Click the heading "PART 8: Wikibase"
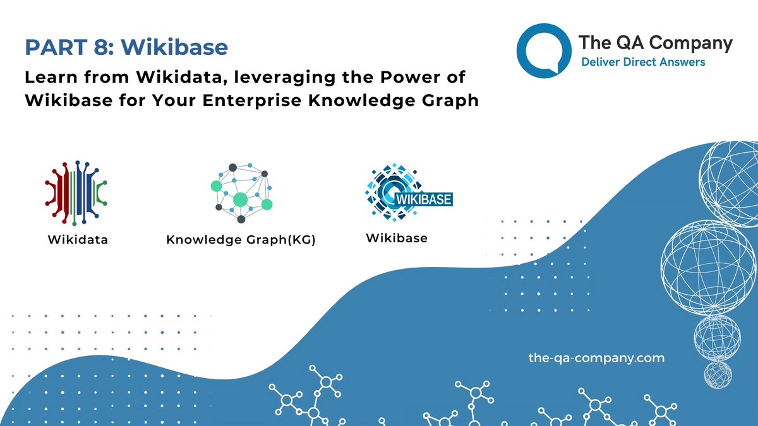tap(126, 47)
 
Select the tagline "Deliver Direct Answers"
tap(643, 62)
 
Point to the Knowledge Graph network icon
tap(241, 192)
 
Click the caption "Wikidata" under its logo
tap(78, 240)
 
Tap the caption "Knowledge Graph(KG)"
tap(240, 240)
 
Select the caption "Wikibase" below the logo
tap(397, 238)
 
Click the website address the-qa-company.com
tap(596, 358)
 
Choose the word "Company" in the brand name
tap(691, 43)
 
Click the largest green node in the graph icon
tap(240, 200)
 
